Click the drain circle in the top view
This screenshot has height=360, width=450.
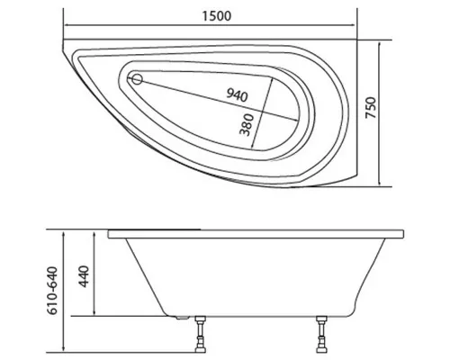point(138,79)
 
